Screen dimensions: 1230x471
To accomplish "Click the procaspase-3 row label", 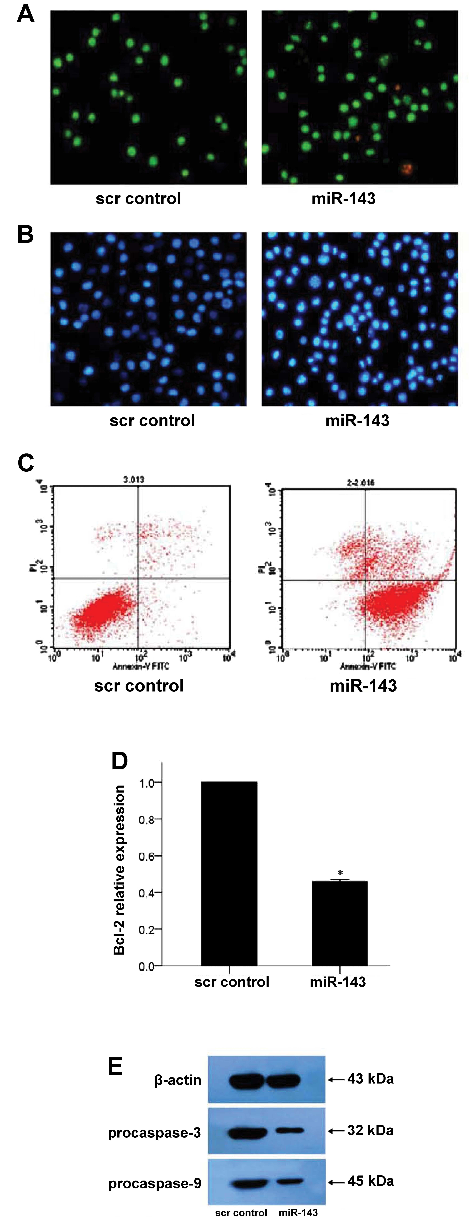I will point(154,1133).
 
